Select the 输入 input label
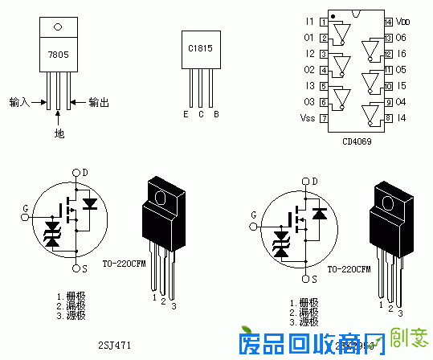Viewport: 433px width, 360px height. (x=20, y=102)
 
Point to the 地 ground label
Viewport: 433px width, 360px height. (x=58, y=133)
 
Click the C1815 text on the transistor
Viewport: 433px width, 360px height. (x=201, y=48)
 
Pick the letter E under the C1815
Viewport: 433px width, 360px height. (x=186, y=114)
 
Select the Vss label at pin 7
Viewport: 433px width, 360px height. (x=308, y=118)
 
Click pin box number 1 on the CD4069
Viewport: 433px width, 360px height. (x=323, y=22)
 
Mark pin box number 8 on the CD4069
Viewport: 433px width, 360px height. (x=388, y=118)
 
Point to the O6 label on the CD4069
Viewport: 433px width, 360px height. (x=402, y=38)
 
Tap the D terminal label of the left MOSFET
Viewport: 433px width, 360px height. (x=85, y=172)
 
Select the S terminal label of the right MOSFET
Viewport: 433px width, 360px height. (x=304, y=278)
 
